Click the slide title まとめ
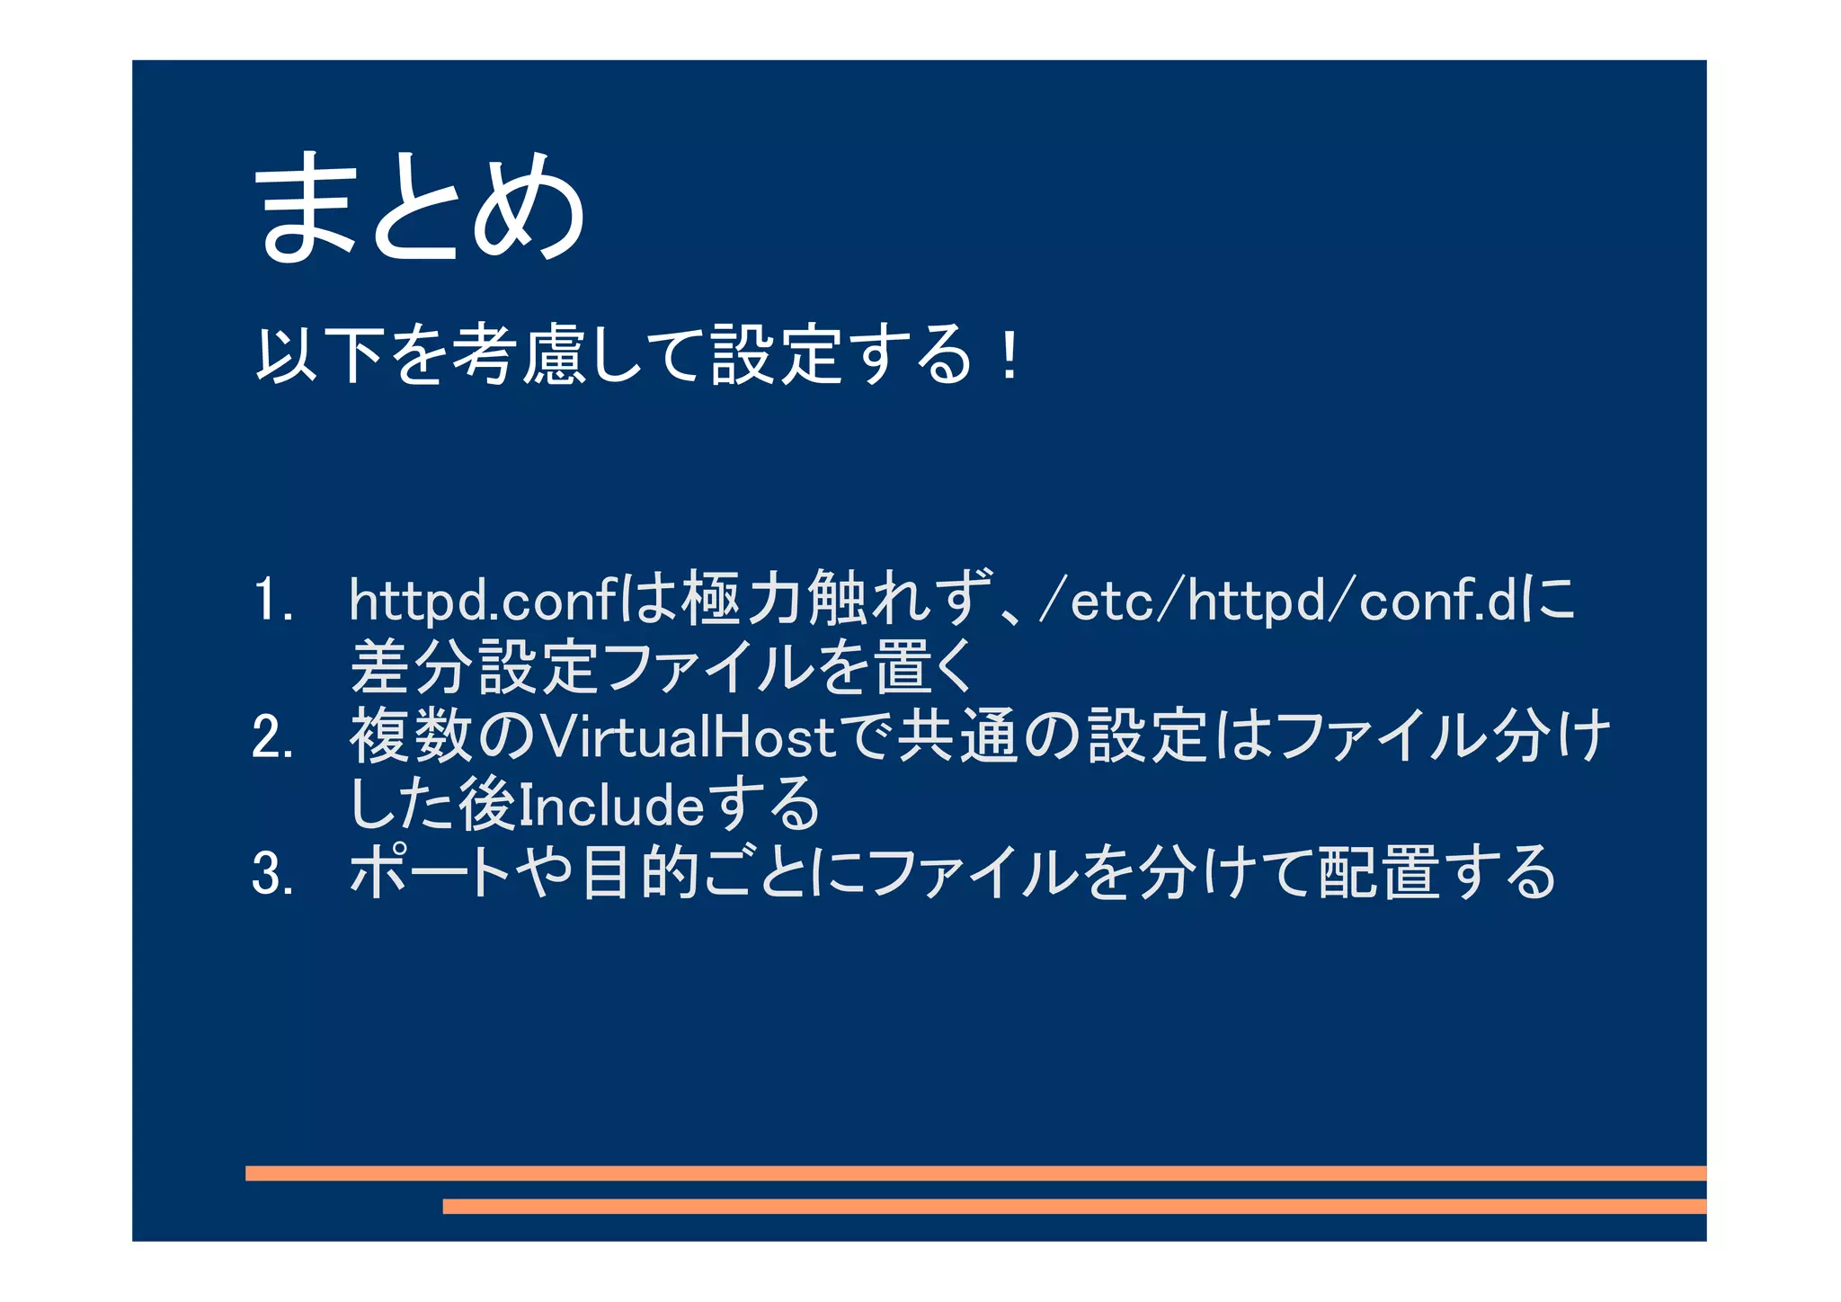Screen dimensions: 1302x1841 click(421, 208)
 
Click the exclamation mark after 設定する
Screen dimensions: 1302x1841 click(1010, 357)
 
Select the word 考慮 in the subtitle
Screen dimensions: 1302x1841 click(517, 355)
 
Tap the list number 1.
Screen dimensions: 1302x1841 click(271, 601)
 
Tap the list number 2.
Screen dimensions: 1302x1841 click(272, 737)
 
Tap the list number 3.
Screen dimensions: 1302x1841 click(272, 874)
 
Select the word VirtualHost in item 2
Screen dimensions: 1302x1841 click(690, 737)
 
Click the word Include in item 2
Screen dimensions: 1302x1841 click(611, 805)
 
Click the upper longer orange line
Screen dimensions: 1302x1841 click(975, 1173)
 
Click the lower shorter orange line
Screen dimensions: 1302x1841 click(1074, 1206)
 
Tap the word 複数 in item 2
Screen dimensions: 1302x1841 click(411, 736)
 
